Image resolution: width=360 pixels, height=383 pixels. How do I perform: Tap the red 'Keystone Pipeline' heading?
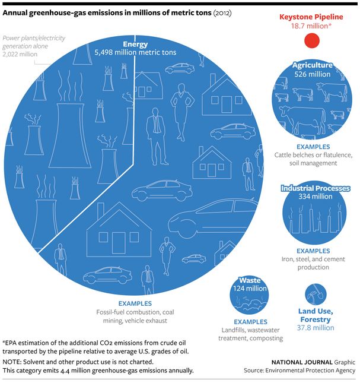tap(311, 17)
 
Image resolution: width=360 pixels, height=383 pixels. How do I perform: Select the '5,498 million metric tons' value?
tap(135, 53)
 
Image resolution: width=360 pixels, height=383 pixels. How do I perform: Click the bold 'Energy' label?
tap(135, 45)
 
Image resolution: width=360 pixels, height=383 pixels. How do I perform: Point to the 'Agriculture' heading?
tap(312, 65)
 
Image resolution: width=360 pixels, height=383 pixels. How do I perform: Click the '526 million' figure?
tap(312, 74)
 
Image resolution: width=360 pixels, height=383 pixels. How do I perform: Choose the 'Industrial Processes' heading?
tap(315, 188)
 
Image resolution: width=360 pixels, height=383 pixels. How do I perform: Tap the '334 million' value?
tap(315, 197)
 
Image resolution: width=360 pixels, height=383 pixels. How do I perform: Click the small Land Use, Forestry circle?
tap(314, 293)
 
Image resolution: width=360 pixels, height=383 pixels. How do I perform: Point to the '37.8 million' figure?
tap(316, 328)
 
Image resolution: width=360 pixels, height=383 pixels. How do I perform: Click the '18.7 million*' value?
tap(311, 27)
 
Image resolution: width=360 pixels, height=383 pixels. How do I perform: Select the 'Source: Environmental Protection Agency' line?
tap(300, 371)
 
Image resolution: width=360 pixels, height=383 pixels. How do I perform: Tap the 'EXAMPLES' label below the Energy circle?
tap(135, 303)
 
